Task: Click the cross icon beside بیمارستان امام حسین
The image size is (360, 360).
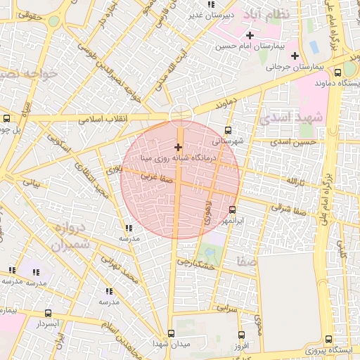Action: [250, 35]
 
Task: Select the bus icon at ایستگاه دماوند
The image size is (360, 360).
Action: [338, 72]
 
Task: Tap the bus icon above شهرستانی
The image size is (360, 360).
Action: [227, 130]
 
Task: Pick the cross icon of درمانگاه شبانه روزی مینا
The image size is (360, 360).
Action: [177, 148]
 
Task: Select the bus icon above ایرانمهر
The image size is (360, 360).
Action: [233, 210]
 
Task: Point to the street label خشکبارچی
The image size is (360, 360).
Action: [195, 264]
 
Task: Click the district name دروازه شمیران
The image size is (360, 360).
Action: [69, 237]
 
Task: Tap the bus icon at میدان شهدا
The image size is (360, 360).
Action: [171, 333]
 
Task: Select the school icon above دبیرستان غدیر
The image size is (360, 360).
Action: [212, 4]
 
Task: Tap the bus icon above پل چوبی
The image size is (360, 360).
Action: [7, 119]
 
